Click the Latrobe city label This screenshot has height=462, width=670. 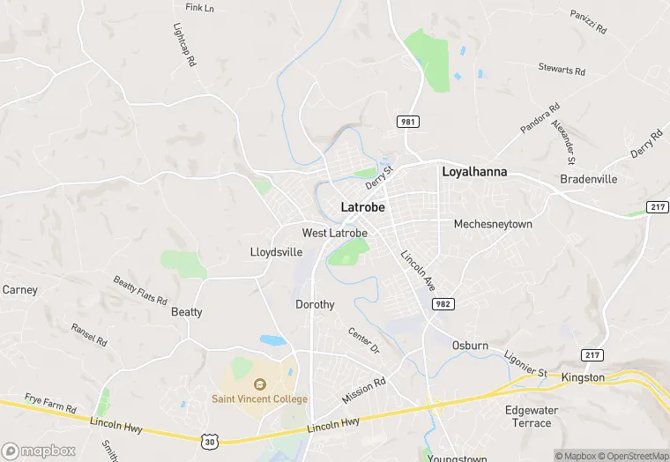(x=362, y=207)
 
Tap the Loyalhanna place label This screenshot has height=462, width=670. (x=474, y=172)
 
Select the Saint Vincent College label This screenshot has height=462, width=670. (x=259, y=399)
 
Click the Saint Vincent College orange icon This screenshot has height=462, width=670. (x=259, y=384)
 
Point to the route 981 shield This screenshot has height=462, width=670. (x=407, y=122)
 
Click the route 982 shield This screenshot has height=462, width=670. (x=443, y=303)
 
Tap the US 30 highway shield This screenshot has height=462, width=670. (x=207, y=438)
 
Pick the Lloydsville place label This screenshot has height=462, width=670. (x=277, y=252)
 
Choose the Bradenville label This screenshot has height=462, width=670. (x=589, y=179)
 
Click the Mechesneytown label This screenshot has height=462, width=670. (x=493, y=224)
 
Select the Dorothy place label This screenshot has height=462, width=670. (x=315, y=304)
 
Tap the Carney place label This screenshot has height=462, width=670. (x=19, y=289)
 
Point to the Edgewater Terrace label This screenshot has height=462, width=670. (x=528, y=416)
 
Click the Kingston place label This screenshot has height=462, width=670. (x=583, y=377)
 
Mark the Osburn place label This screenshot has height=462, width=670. (x=470, y=346)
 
